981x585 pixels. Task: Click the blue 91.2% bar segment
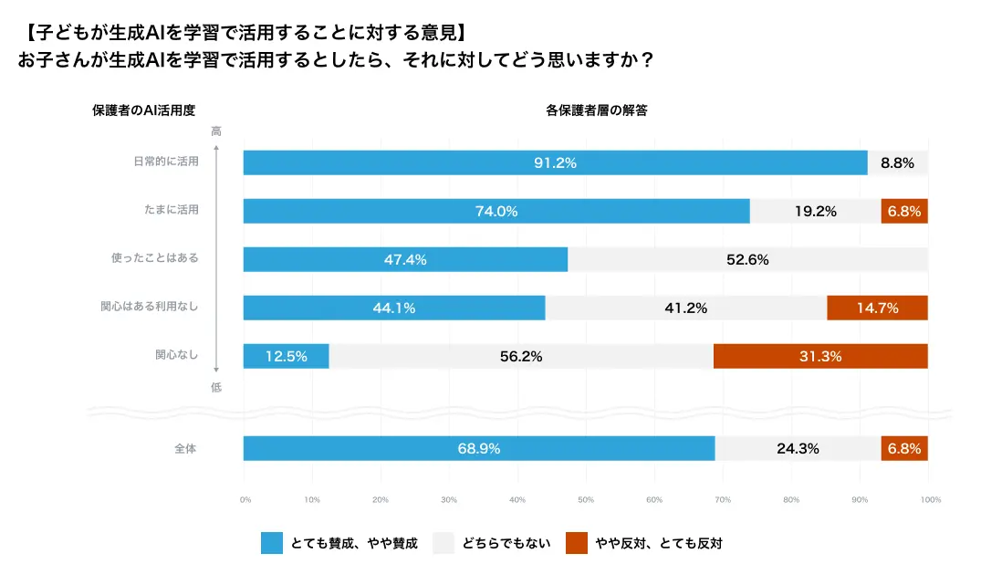click(x=555, y=162)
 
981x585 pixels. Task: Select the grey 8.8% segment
click(x=897, y=162)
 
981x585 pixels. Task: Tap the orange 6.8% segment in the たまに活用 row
click(x=904, y=211)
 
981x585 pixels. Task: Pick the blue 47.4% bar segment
click(x=405, y=259)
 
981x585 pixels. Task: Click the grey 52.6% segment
click(x=747, y=259)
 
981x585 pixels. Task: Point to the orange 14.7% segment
click(x=877, y=308)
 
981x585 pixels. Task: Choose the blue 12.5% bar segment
click(x=286, y=356)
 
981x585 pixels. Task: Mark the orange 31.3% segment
click(x=820, y=356)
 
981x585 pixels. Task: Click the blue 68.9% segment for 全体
click(x=479, y=448)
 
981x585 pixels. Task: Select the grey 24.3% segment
click(x=798, y=448)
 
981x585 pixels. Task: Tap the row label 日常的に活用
click(x=165, y=162)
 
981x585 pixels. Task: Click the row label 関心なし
click(x=176, y=356)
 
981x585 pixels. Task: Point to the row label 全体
click(x=185, y=448)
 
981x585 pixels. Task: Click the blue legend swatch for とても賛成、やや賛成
click(x=272, y=543)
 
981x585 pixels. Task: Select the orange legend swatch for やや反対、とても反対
click(x=576, y=543)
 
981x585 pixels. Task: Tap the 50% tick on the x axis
click(x=586, y=500)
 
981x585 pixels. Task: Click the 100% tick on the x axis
click(x=931, y=500)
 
